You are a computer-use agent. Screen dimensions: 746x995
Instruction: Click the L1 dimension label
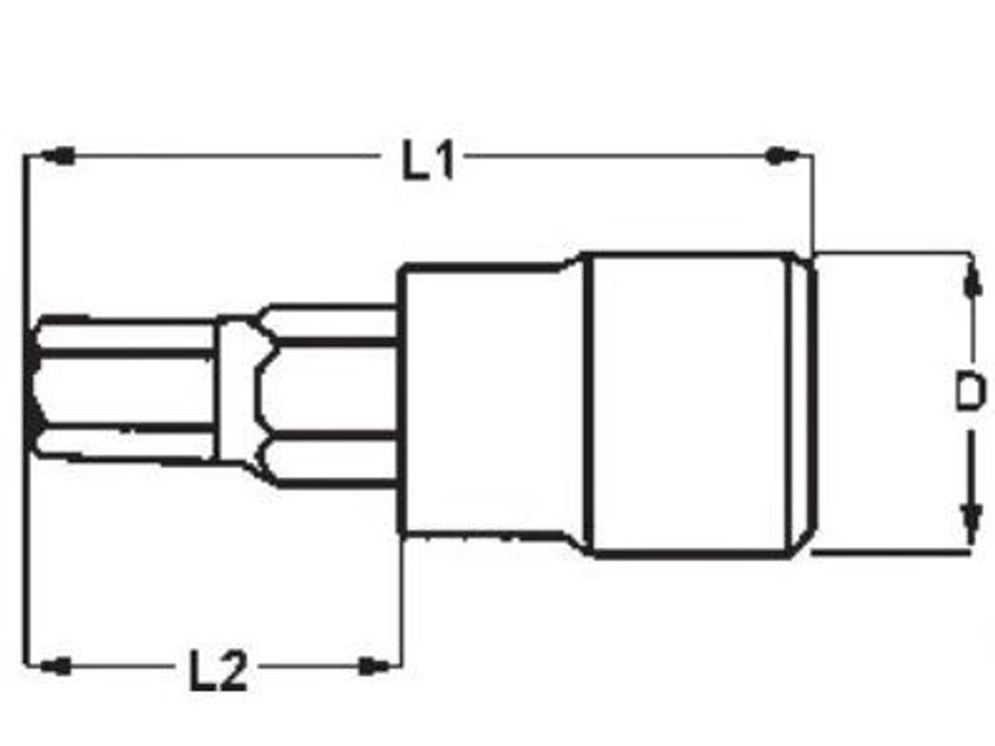[429, 162]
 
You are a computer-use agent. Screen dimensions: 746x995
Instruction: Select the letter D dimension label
[968, 392]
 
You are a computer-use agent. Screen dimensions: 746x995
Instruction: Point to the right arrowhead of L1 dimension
[782, 155]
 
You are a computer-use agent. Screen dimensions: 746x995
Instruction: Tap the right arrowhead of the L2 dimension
[374, 665]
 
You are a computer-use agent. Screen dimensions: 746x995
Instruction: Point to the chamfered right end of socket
[804, 404]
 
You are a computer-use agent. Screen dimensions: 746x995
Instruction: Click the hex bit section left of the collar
[126, 389]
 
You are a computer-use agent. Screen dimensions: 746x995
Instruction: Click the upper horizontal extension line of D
[894, 254]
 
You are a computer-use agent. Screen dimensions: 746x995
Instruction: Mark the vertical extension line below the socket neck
[400, 602]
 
